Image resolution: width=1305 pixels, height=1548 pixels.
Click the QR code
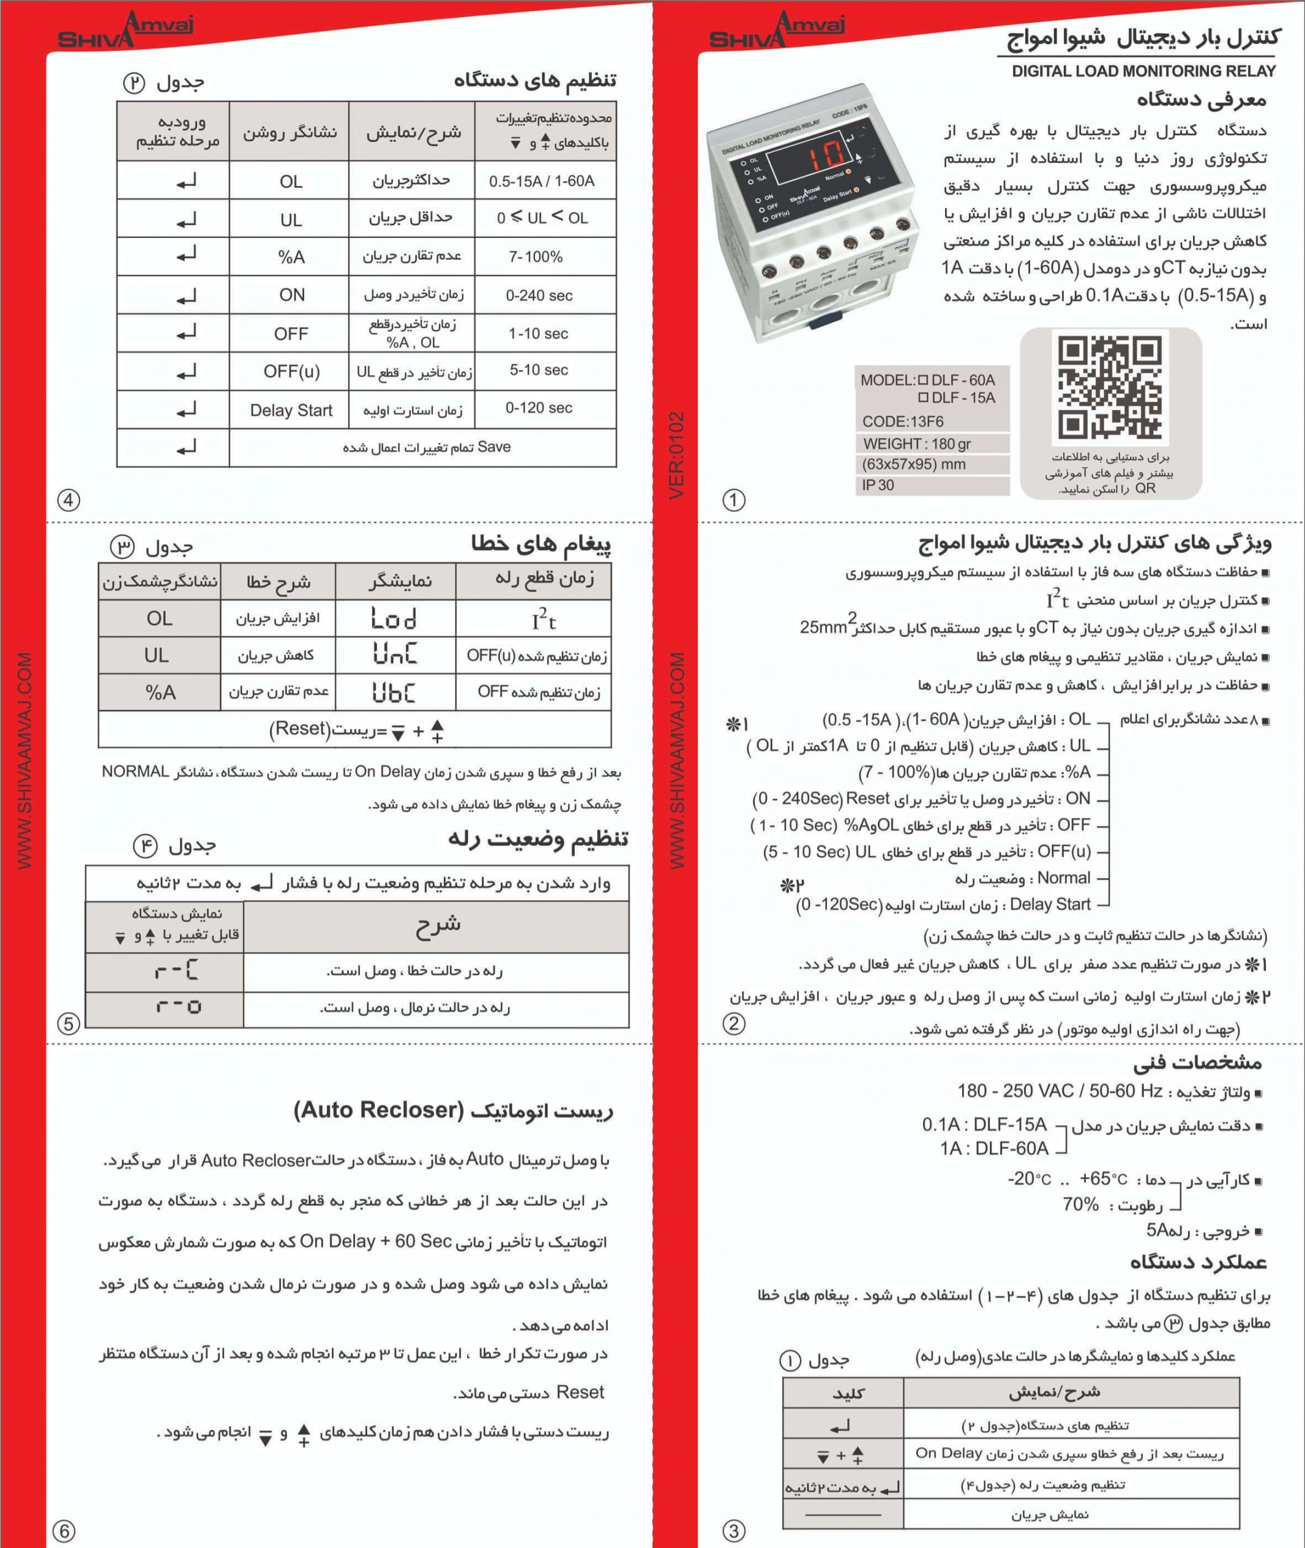point(1110,385)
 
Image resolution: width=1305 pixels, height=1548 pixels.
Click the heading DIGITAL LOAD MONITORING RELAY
point(1143,71)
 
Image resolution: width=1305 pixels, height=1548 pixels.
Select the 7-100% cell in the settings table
point(536,256)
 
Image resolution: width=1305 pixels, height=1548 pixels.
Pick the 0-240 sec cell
point(539,295)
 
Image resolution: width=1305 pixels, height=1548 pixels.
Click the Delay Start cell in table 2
point(291,411)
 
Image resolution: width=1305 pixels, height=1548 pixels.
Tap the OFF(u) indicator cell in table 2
point(291,371)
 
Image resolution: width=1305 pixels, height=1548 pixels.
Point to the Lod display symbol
point(394,619)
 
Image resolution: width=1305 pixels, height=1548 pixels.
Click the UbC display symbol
point(394,692)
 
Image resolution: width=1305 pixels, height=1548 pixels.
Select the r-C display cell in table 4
point(177,971)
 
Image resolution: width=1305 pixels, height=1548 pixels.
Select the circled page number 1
point(733,500)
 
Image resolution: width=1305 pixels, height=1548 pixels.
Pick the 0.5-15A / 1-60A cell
point(542,181)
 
